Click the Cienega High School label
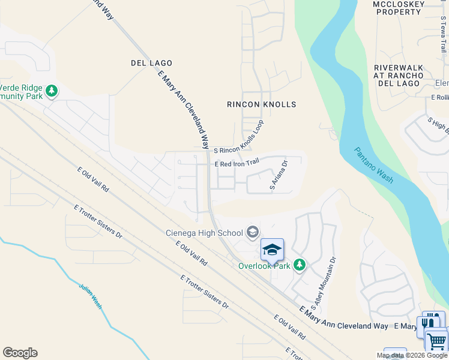pyautogui.click(x=204, y=233)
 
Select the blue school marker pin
pyautogui.click(x=272, y=250)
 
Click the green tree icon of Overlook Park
pyautogui.click(x=299, y=265)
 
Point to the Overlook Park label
pyautogui.click(x=264, y=265)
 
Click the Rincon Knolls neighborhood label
pyautogui.click(x=261, y=104)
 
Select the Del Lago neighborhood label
pyautogui.click(x=151, y=63)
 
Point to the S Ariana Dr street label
pyautogui.click(x=279, y=175)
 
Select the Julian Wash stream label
pyautogui.click(x=91, y=295)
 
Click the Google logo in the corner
pyautogui.click(x=20, y=353)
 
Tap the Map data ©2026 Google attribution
pyautogui.click(x=412, y=356)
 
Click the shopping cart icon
pyautogui.click(x=437, y=341)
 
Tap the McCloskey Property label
pyautogui.click(x=399, y=8)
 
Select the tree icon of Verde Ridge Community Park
pyautogui.click(x=52, y=91)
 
